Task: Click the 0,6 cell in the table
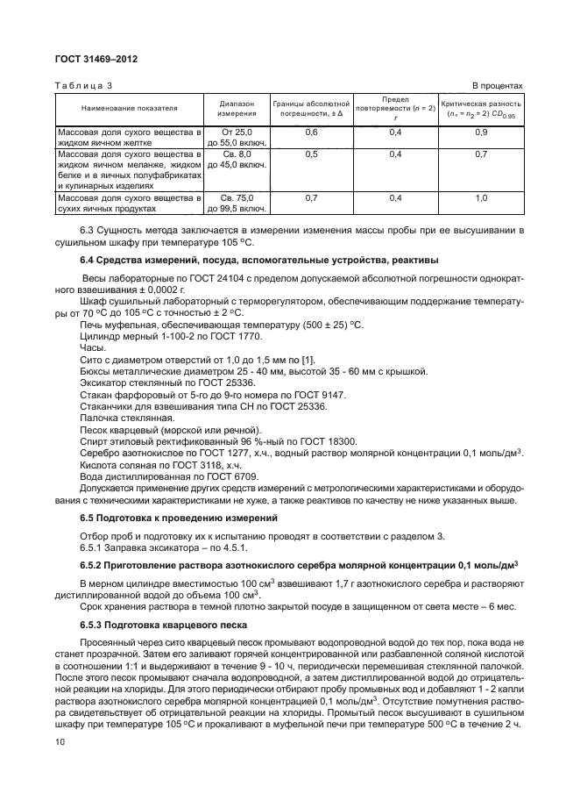click(x=310, y=132)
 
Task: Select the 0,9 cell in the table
click(x=480, y=132)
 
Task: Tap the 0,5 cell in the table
click(x=310, y=154)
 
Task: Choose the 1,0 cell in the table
click(x=480, y=199)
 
